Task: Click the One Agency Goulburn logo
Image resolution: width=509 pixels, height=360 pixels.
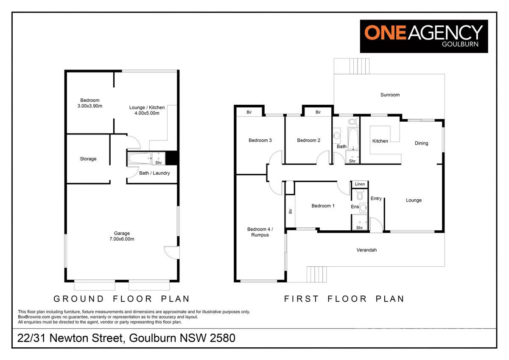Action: (424, 36)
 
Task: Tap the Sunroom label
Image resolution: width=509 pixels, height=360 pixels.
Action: (389, 95)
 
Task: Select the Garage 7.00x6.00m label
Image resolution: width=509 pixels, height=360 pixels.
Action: (122, 236)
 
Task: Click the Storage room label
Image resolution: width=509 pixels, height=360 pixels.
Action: (88, 159)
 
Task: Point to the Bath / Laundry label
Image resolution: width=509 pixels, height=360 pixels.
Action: (154, 173)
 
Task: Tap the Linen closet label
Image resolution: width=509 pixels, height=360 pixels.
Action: (360, 184)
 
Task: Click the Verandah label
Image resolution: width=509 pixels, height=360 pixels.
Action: (366, 250)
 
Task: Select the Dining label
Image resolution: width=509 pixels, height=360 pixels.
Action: (421, 143)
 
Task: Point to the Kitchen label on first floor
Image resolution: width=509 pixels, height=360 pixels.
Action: (380, 141)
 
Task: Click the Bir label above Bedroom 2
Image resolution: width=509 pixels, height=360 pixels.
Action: (318, 112)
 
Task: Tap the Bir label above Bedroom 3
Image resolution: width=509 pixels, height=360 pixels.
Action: (249, 112)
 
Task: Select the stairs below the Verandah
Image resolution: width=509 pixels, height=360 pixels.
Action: (317, 274)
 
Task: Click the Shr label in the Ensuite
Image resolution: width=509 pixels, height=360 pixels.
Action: (360, 228)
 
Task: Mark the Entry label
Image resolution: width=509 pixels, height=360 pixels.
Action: (376, 198)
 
